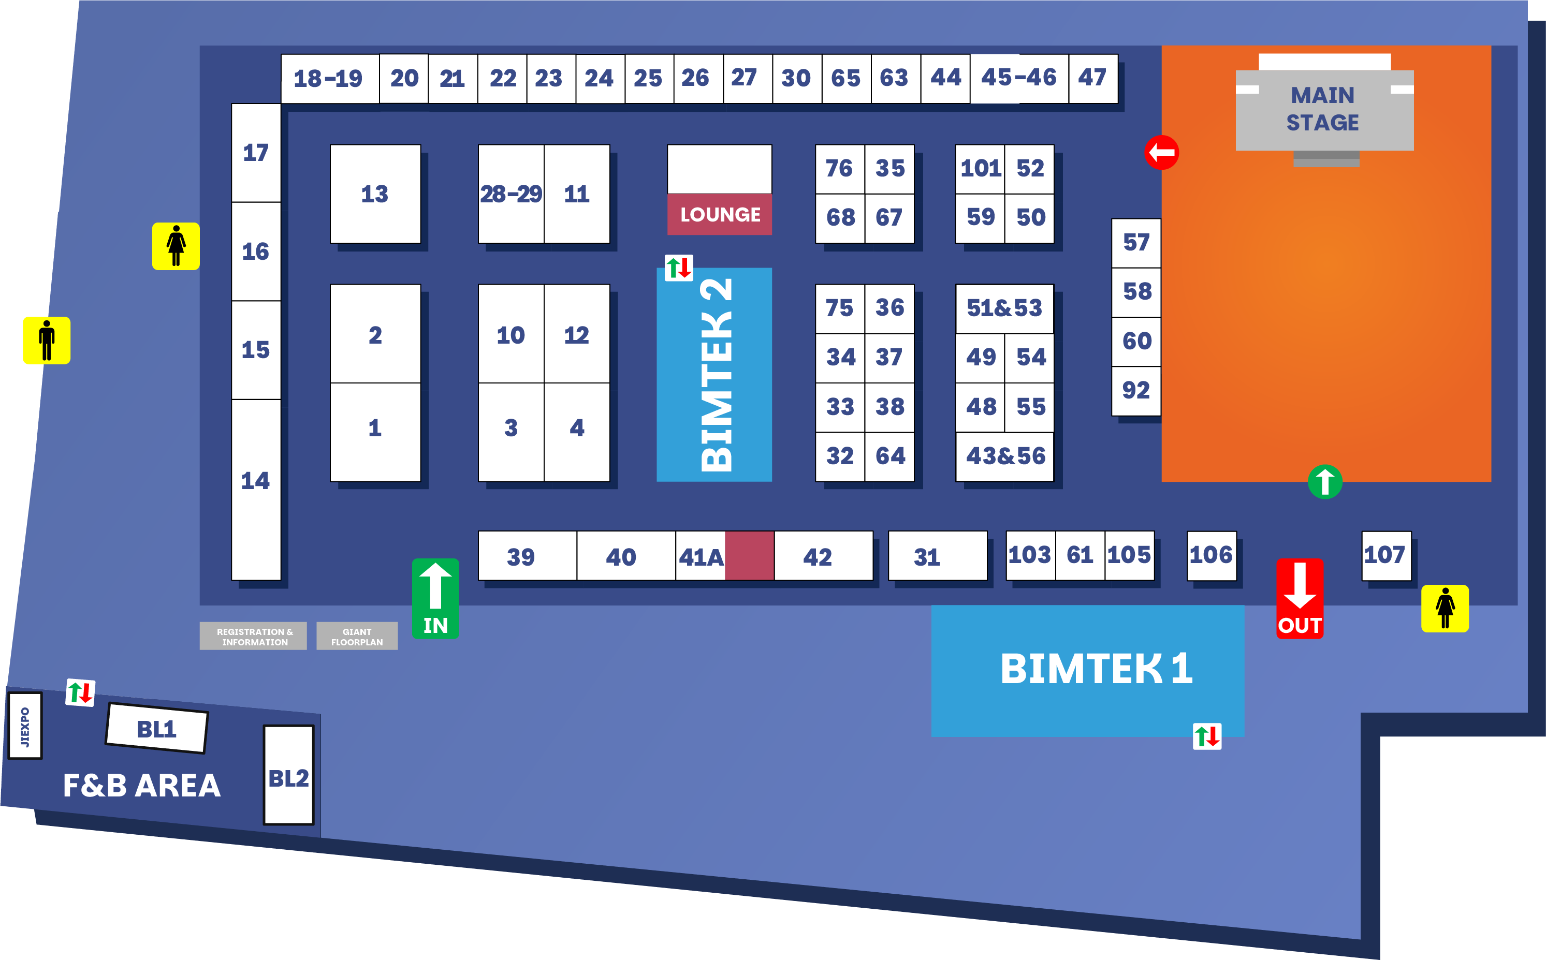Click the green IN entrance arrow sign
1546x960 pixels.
(435, 598)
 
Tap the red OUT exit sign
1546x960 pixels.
(1300, 598)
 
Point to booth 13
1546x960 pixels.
(375, 194)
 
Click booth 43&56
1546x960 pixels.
(1005, 456)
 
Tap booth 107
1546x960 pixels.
(1385, 555)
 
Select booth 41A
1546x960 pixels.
(701, 557)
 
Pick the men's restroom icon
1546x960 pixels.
(47, 341)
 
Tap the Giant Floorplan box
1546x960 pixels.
(357, 636)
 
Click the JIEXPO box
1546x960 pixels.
(25, 726)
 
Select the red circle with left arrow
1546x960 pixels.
(1162, 152)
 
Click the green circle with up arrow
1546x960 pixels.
(1324, 482)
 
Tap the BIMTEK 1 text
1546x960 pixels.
(1096, 669)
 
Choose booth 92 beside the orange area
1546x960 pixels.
(1135, 390)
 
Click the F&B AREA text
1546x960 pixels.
(142, 786)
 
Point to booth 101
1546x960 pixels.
(980, 168)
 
